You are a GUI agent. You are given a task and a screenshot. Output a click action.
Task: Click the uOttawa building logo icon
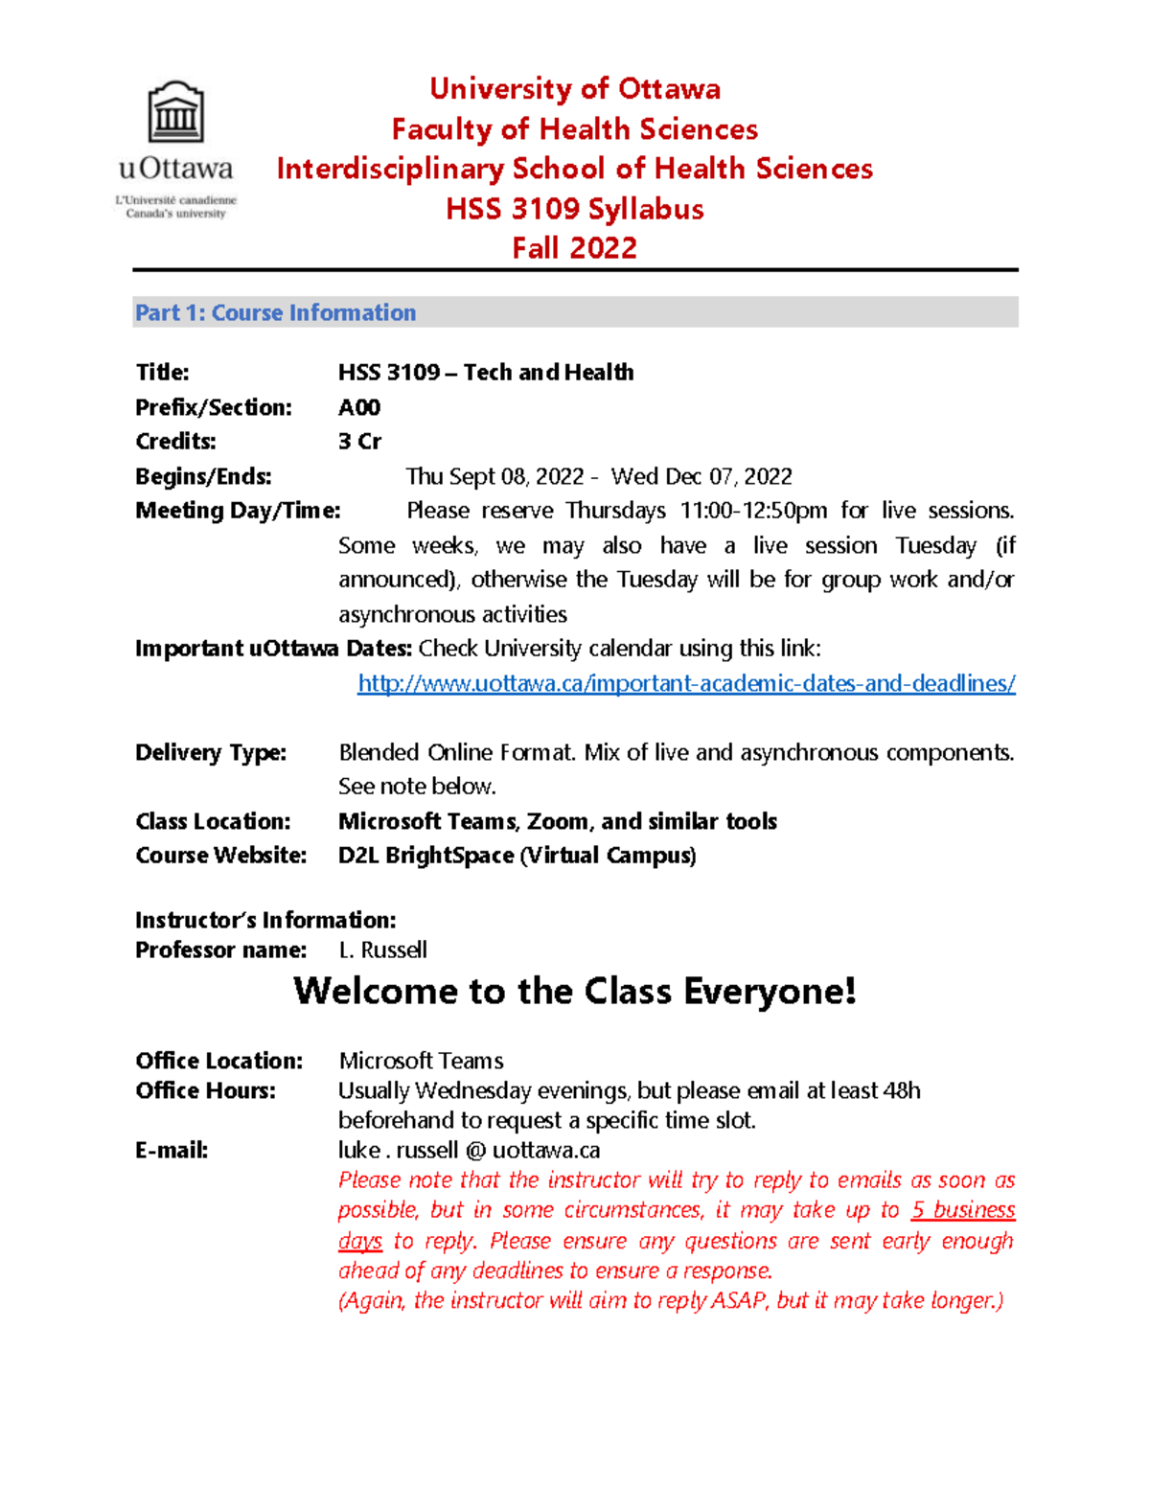tap(175, 113)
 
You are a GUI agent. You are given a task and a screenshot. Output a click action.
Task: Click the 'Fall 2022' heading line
tap(574, 248)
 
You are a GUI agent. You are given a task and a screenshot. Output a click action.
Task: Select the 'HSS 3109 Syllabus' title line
tap(574, 209)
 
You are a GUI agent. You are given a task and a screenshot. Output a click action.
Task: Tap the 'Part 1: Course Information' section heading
tap(275, 313)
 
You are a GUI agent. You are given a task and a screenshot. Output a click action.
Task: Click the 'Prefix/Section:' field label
tap(213, 407)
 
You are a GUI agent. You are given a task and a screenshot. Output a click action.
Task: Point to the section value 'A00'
tap(359, 407)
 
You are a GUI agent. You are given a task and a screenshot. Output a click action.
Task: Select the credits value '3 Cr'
tap(359, 442)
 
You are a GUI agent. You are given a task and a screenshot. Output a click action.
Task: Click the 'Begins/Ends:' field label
tap(203, 476)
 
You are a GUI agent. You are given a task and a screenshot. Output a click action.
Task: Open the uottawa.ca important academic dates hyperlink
tap(686, 683)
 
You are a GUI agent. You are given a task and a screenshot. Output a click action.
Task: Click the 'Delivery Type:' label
tap(210, 752)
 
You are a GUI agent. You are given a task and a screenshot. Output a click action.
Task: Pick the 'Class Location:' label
tap(213, 821)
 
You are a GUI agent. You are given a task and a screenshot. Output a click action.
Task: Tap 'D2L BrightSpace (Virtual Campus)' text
tap(517, 855)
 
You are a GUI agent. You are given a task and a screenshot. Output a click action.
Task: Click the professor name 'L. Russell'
tap(382, 950)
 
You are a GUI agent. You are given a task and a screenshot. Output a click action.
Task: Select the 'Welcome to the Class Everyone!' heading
tap(574, 991)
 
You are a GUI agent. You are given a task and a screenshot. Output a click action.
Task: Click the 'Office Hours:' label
tap(205, 1090)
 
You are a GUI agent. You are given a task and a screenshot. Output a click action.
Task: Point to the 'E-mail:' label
tap(172, 1150)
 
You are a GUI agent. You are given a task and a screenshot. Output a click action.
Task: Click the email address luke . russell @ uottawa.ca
tap(469, 1150)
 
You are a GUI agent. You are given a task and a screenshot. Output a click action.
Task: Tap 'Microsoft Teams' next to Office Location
tap(421, 1061)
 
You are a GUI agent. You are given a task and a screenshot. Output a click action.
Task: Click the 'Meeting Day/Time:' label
tap(238, 511)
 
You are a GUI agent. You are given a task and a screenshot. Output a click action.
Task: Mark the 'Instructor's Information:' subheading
tap(265, 920)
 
